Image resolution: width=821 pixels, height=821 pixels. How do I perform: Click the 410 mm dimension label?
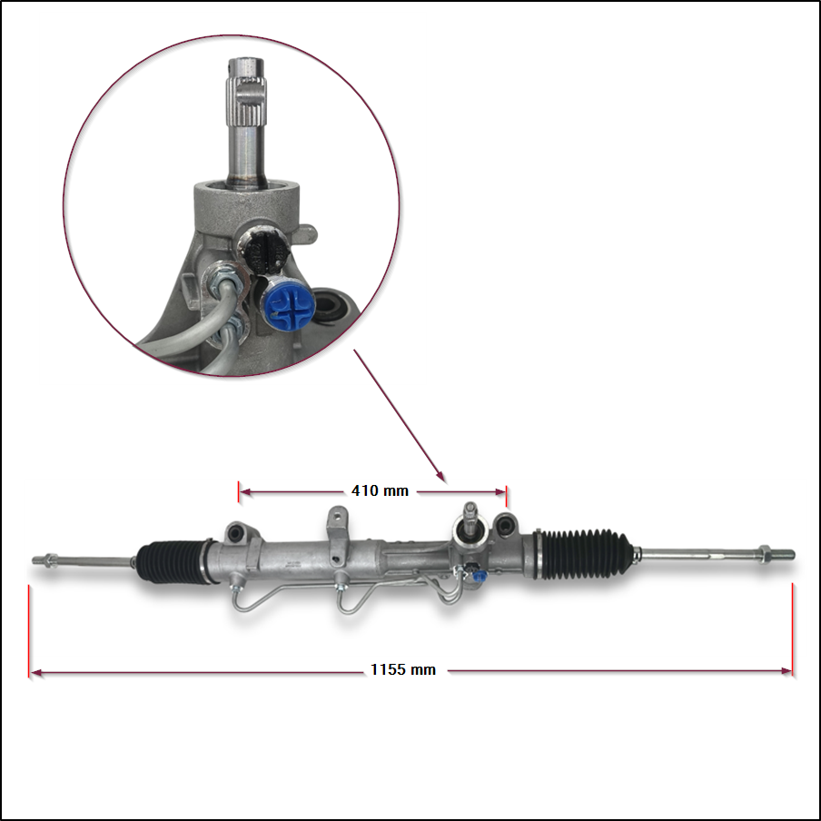(380, 490)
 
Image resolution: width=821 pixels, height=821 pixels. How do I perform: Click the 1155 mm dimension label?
(403, 669)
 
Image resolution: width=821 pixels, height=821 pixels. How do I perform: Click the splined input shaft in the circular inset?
(245, 123)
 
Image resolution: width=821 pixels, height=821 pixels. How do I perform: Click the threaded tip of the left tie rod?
(38, 560)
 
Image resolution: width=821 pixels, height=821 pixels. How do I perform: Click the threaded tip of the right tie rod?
(783, 554)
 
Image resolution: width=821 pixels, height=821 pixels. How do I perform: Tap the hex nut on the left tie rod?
(51, 560)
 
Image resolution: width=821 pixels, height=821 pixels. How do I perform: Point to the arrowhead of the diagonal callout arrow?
(442, 478)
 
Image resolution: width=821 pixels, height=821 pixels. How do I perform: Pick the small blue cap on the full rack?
(480, 577)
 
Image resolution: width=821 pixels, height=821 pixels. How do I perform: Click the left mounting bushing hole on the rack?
(234, 533)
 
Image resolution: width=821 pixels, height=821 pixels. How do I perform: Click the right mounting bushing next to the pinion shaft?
(505, 525)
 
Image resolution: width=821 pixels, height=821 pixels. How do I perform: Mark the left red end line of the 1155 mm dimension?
(29, 631)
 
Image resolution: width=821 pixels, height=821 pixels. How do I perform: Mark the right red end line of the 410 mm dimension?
(507, 496)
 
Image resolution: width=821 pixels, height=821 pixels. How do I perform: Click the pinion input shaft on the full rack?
(470, 519)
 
